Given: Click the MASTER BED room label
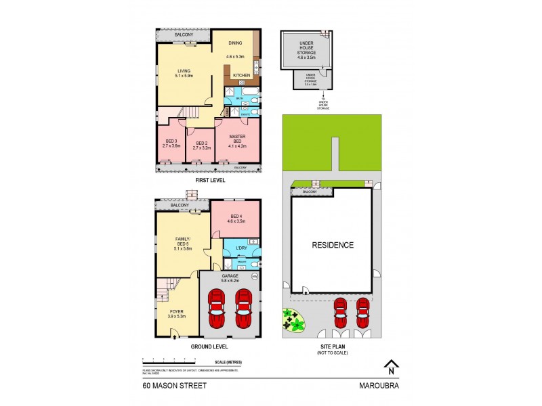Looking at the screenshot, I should click(x=237, y=139).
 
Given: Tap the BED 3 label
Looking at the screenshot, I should click(x=170, y=143).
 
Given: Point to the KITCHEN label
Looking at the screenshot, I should click(x=242, y=75).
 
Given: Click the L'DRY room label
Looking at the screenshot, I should click(x=241, y=248).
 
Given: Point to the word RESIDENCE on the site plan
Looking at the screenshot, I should click(x=333, y=245).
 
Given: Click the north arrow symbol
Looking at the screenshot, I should click(x=390, y=367).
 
